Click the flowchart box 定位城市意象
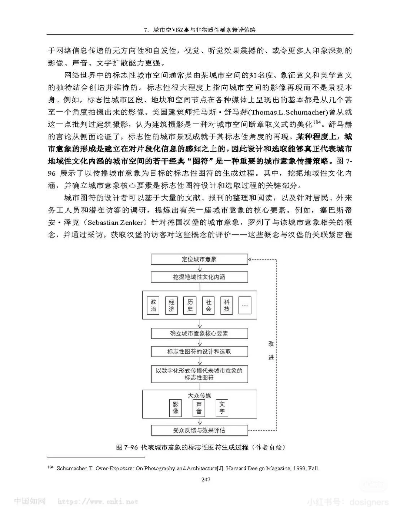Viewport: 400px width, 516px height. (x=199, y=259)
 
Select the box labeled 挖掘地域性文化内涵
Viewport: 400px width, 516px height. (x=199, y=277)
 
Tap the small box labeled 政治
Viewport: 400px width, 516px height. (x=153, y=305)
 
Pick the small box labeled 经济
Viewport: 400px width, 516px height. (x=171, y=305)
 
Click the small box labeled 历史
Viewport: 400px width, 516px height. (x=190, y=305)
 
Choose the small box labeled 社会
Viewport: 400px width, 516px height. (x=209, y=305)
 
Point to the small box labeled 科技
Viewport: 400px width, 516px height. (x=227, y=305)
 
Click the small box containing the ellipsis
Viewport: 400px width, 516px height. (x=245, y=305)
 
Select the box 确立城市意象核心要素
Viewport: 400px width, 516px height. (x=199, y=333)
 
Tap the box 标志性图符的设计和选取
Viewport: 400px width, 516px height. (x=199, y=351)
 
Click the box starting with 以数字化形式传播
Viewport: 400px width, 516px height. (x=199, y=374)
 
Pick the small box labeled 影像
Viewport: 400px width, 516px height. (x=176, y=407)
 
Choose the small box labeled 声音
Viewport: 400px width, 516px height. (x=199, y=407)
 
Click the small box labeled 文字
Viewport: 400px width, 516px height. (x=222, y=407)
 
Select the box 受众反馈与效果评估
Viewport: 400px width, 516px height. (x=199, y=430)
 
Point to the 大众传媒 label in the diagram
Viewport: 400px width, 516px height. (x=199, y=396)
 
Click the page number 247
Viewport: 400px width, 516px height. (x=206, y=479)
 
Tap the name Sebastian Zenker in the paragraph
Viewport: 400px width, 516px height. (x=115, y=223)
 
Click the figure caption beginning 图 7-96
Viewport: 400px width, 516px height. (x=200, y=447)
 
